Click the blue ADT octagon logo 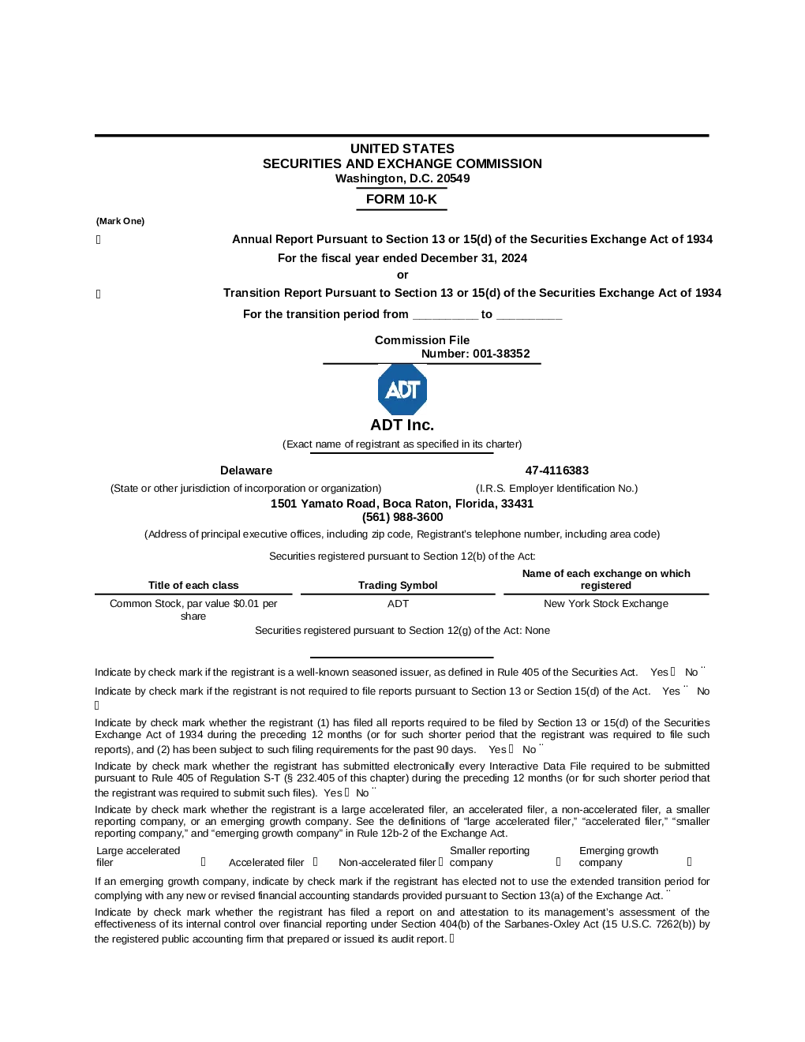(x=402, y=389)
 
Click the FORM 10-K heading (x=401, y=199)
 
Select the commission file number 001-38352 (x=501, y=354)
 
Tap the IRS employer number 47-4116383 (x=556, y=470)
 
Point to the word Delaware (x=246, y=470)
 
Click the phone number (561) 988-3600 (x=402, y=517)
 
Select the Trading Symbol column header (x=398, y=585)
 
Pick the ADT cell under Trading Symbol (x=398, y=603)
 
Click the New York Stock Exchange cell (x=605, y=603)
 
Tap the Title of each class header (x=193, y=585)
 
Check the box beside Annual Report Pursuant (x=99, y=239)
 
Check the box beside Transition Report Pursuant (x=99, y=294)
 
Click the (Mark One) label (x=120, y=221)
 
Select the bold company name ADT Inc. (x=402, y=425)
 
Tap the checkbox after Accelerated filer (x=315, y=862)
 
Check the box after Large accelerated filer (x=204, y=862)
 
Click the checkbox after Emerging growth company (x=690, y=862)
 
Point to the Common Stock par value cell (x=193, y=609)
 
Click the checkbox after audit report (x=451, y=939)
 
